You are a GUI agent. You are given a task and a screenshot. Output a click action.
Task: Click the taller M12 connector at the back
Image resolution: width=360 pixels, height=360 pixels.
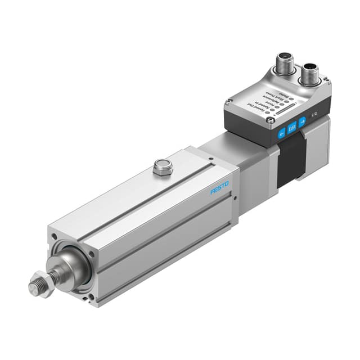283,63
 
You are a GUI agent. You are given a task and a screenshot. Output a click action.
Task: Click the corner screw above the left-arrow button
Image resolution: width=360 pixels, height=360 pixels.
271,120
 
